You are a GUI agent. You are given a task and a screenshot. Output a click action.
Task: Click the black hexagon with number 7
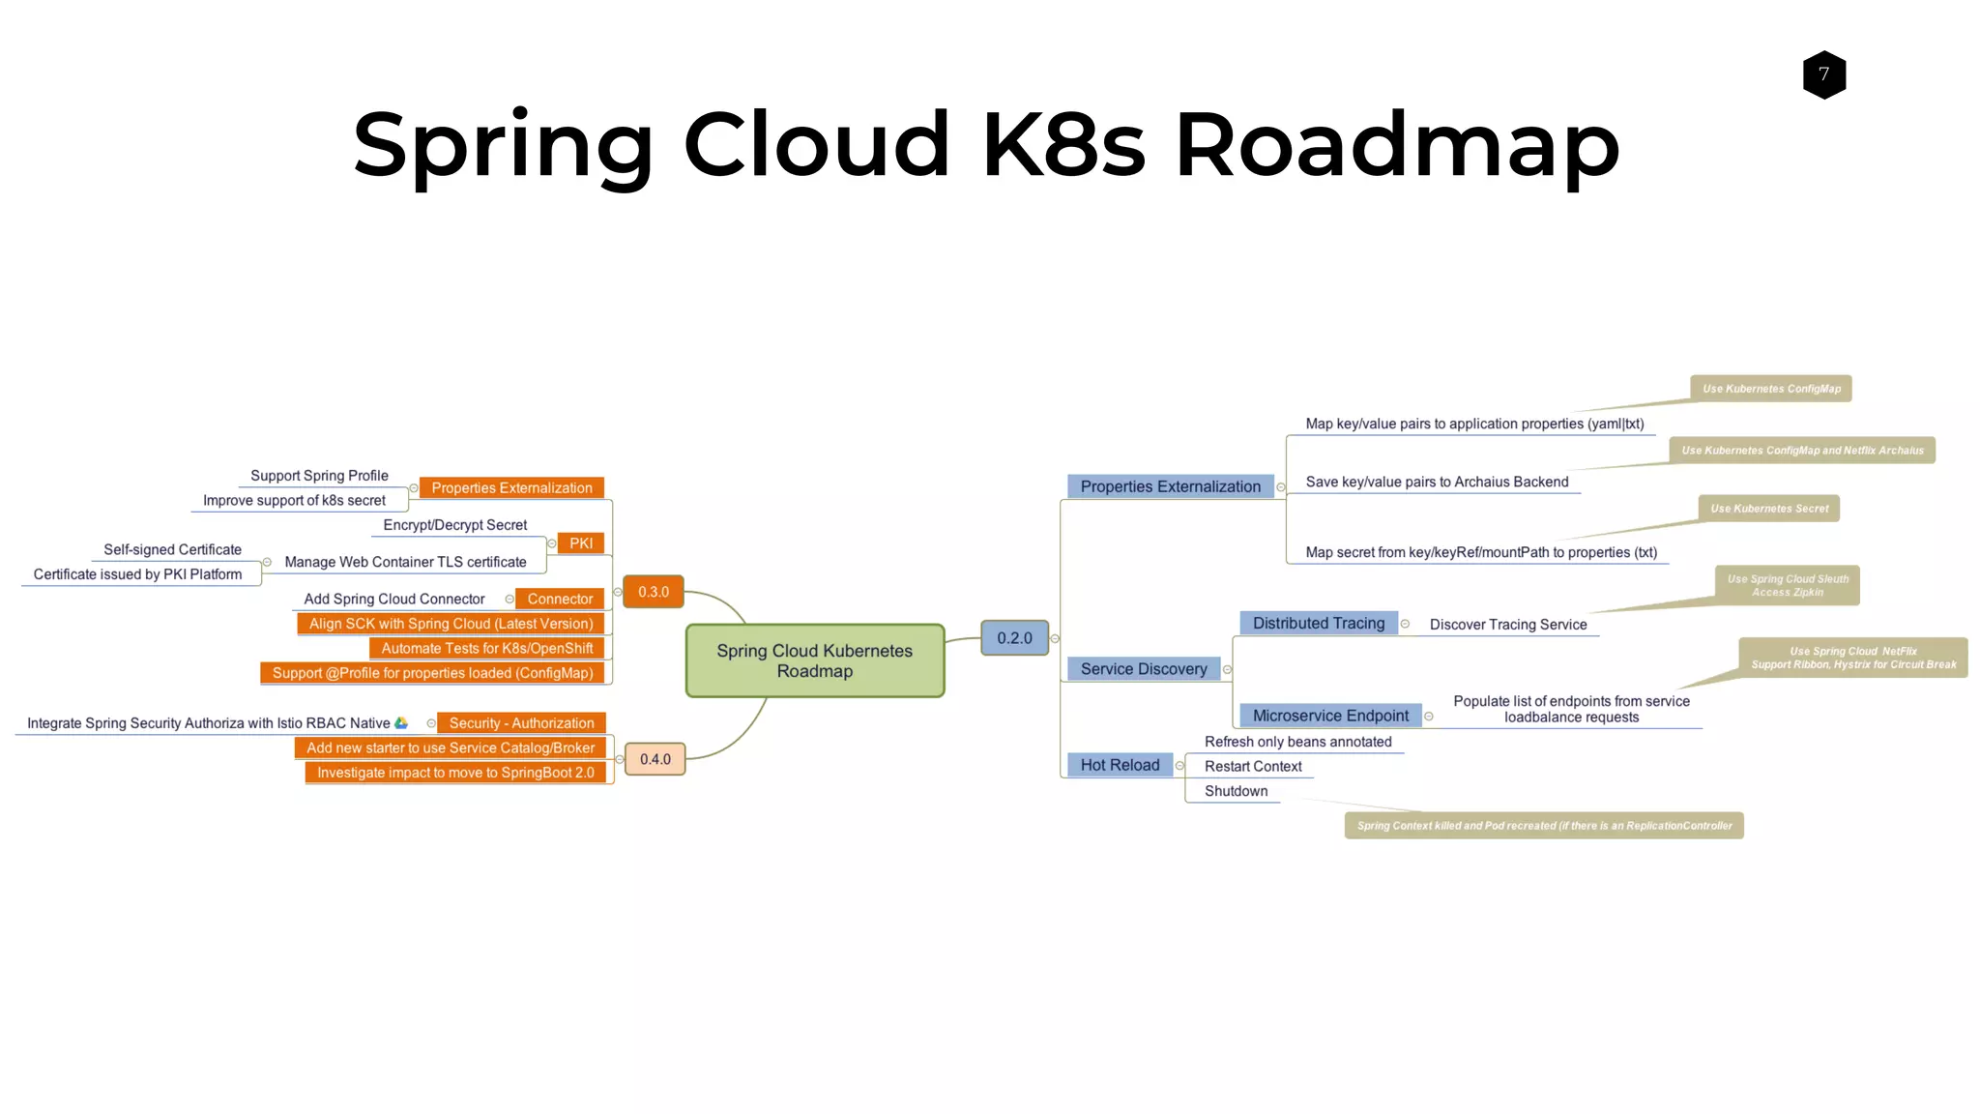(x=1823, y=74)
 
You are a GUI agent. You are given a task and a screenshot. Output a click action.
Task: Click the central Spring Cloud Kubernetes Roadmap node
(x=814, y=660)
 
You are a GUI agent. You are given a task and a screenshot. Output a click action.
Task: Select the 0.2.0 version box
(x=1014, y=638)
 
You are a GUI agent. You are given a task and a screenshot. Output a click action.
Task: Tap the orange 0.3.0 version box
(x=654, y=592)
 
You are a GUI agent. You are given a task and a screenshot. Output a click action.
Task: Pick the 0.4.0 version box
(x=655, y=759)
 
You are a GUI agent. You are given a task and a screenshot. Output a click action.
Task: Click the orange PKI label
(x=581, y=543)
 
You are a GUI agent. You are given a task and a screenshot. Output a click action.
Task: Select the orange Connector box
(x=560, y=599)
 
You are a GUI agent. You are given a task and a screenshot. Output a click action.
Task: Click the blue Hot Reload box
(x=1120, y=765)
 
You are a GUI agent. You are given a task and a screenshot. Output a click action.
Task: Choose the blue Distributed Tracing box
(x=1319, y=624)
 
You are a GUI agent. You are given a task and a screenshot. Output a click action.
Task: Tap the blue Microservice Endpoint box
(x=1330, y=716)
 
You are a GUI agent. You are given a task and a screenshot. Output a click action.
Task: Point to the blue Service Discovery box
(x=1143, y=669)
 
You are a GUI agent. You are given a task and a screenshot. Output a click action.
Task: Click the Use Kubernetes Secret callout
(x=1769, y=509)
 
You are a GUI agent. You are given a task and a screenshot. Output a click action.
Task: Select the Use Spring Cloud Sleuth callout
(x=1787, y=585)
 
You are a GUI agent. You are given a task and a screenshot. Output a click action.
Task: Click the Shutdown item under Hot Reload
(x=1236, y=791)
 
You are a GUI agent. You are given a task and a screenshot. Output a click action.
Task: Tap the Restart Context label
(x=1253, y=766)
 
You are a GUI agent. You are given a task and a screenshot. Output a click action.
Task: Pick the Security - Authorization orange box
(x=521, y=723)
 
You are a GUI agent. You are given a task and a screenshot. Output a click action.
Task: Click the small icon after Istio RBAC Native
(x=401, y=723)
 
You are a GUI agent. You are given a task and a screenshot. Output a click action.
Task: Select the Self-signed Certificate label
(x=172, y=549)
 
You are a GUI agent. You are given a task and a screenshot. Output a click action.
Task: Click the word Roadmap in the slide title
(x=1396, y=145)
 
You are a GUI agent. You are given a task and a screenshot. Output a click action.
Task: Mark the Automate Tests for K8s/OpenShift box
(x=486, y=649)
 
